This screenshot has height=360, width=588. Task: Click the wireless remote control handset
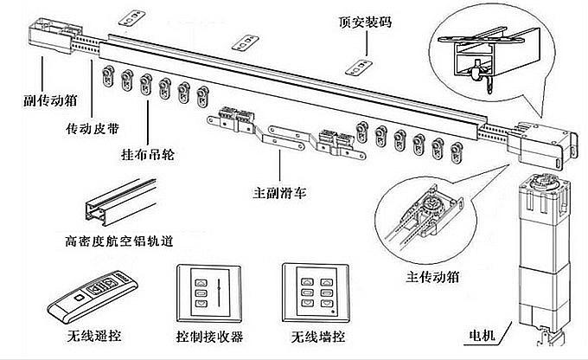point(91,294)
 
